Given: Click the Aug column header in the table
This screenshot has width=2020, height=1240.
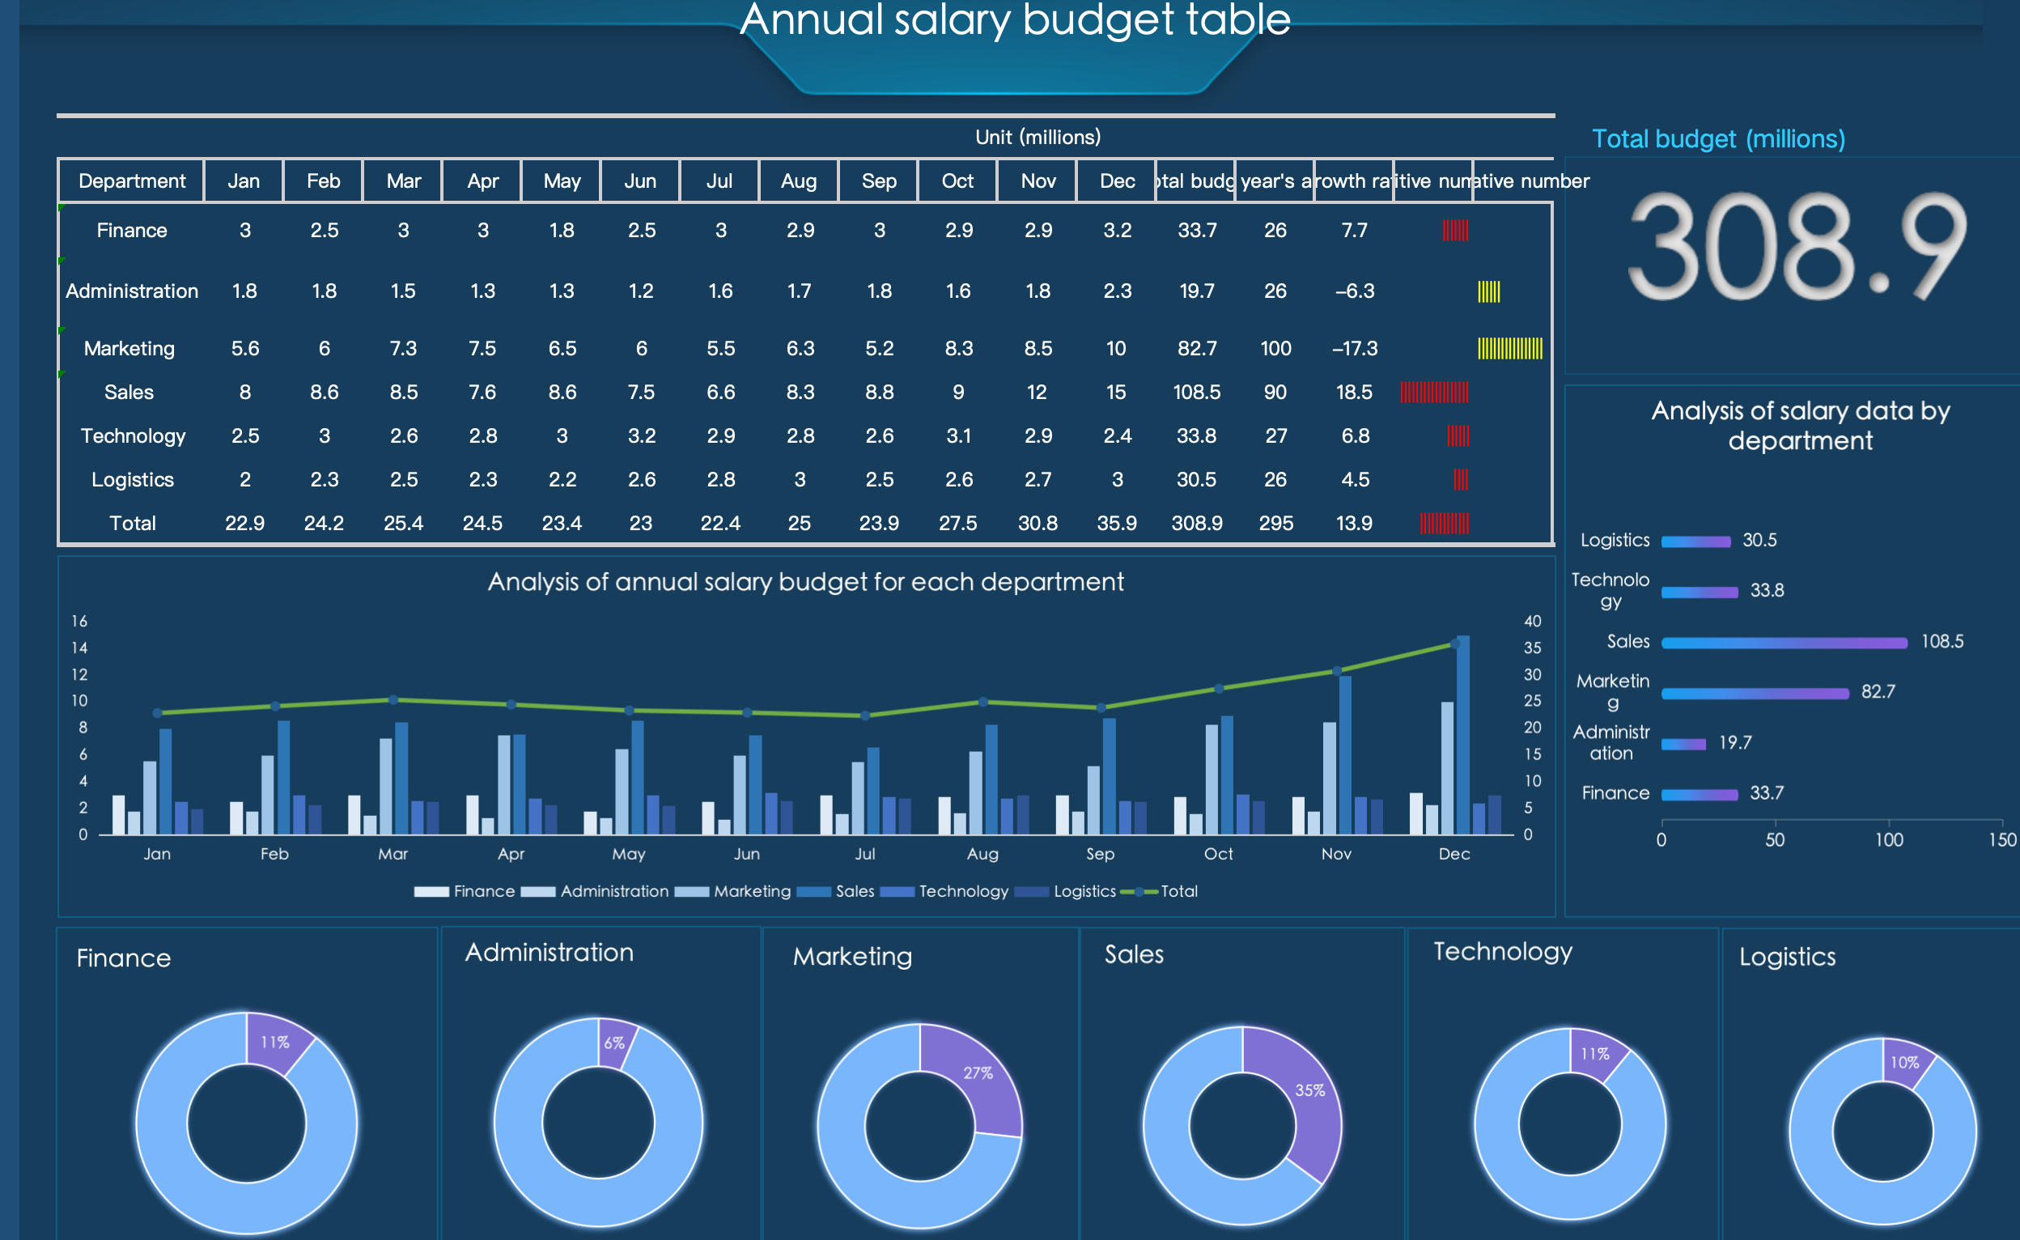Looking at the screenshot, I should [799, 181].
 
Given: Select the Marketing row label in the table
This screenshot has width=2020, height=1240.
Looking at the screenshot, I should [129, 349].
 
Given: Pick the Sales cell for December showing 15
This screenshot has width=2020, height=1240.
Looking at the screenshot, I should [1116, 392].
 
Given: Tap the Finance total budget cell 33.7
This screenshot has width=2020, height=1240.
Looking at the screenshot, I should [1197, 231].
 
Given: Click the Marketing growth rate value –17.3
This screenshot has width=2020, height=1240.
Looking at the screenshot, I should [1354, 349].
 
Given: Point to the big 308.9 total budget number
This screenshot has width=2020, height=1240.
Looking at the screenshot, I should [1795, 246].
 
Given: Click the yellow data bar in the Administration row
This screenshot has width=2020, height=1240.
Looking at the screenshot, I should [1489, 291].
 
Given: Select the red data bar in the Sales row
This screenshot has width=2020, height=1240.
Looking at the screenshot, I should [1435, 392].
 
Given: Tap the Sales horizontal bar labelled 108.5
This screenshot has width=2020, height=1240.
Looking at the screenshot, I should [1784, 643].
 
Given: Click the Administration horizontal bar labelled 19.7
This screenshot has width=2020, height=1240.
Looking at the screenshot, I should [1684, 744].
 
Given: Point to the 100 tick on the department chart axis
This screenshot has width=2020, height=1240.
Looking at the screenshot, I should [1889, 840].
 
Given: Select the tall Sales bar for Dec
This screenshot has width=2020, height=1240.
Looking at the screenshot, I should [1463, 734].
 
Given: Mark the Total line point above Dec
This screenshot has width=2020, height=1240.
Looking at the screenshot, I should [1455, 644].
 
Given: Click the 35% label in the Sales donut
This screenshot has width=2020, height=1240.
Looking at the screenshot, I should [1309, 1091].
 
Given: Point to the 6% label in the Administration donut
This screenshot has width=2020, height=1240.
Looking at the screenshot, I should [614, 1043].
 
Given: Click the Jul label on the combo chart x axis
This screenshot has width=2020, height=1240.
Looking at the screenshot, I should [865, 854].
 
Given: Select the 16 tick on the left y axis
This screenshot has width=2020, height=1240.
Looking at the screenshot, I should [79, 622].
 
